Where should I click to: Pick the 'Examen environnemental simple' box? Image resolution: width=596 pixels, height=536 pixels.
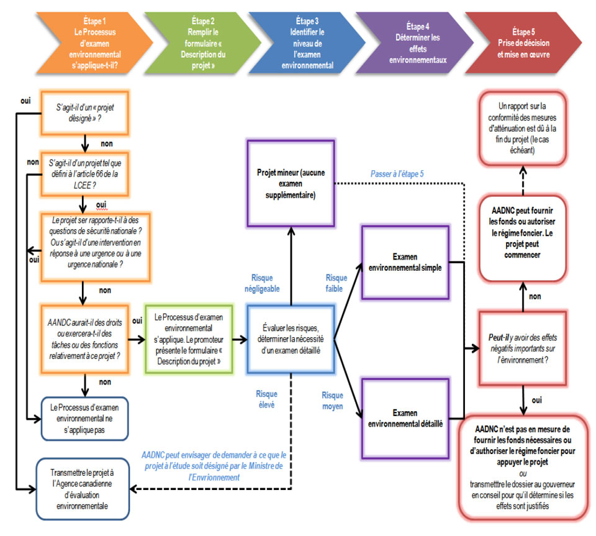pyautogui.click(x=405, y=261)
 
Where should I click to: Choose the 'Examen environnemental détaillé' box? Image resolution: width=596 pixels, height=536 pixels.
pyautogui.click(x=405, y=419)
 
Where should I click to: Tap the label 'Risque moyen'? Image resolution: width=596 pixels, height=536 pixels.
pyautogui.click(x=333, y=401)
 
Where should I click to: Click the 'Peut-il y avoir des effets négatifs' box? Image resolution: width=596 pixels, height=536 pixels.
pyautogui.click(x=524, y=348)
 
